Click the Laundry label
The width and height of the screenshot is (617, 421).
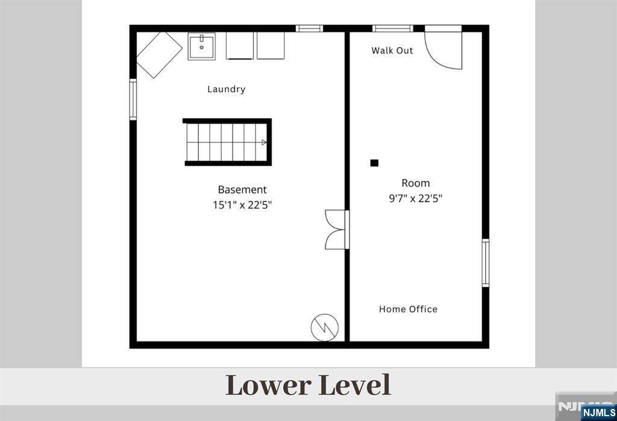click(x=227, y=89)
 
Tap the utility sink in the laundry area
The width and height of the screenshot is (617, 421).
click(x=201, y=46)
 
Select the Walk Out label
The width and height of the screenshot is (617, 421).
click(x=392, y=51)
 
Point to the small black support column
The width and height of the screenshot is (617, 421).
click(x=374, y=163)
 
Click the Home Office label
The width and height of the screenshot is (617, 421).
click(x=408, y=309)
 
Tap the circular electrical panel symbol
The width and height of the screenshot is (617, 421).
click(x=325, y=328)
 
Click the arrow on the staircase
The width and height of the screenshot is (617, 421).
click(x=264, y=142)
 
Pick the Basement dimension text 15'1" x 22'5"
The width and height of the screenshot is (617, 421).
click(x=242, y=205)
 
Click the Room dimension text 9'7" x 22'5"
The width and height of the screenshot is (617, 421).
click(x=416, y=198)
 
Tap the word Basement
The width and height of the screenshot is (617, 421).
click(x=242, y=189)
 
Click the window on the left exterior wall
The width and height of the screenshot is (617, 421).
click(x=133, y=100)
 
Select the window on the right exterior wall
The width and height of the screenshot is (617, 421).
click(x=486, y=263)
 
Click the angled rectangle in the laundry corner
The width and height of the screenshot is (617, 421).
click(x=159, y=55)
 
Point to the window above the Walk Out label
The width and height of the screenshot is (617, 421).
click(x=393, y=28)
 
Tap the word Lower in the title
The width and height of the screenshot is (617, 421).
click(x=268, y=385)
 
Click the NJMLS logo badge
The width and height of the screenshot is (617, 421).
click(x=598, y=413)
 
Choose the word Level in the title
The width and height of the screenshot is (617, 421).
click(x=354, y=385)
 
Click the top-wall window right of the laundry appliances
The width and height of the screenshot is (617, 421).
click(x=309, y=28)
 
